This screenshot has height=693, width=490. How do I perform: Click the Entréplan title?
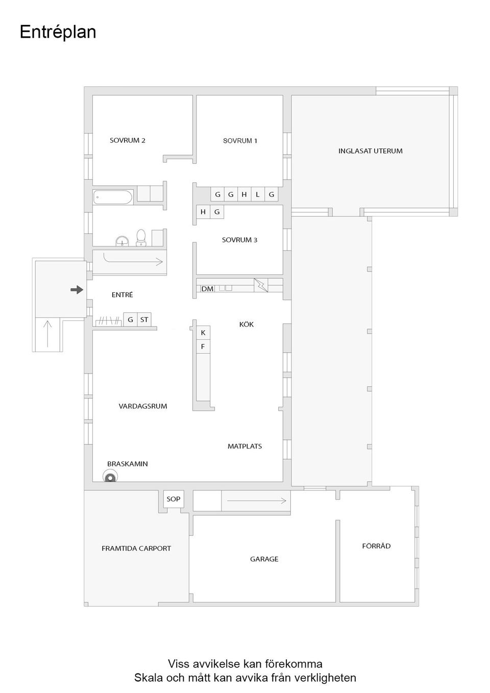tap(58, 32)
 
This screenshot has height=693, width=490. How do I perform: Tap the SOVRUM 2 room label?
tap(128, 140)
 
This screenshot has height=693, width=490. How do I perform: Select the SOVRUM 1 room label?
tap(240, 141)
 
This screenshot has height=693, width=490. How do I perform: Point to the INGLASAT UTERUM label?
tap(370, 151)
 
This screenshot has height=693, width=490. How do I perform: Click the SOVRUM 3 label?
tap(239, 240)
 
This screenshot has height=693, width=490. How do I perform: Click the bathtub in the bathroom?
tap(113, 197)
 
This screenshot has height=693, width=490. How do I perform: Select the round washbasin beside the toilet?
tap(122, 240)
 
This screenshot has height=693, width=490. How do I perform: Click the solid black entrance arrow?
tap(77, 290)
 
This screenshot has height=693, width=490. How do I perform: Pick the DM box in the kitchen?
tap(207, 289)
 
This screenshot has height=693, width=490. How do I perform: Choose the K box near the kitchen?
tap(203, 333)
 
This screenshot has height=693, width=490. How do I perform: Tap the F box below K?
tap(203, 347)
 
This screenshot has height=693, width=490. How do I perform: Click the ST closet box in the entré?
tap(144, 320)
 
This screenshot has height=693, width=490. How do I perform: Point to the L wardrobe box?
tap(258, 194)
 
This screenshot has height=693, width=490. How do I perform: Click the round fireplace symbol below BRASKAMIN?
tap(110, 477)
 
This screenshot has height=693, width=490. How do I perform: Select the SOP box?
tap(174, 499)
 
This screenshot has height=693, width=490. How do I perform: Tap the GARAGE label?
tap(264, 559)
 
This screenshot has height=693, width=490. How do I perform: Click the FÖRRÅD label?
tap(376, 546)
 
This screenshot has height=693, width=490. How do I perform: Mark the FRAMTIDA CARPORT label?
tap(136, 549)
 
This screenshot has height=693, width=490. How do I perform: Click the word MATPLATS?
tap(244, 447)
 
